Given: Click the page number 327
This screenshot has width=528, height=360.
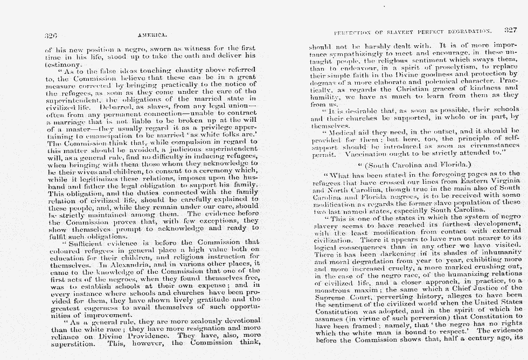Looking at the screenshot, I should click(x=511, y=30).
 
